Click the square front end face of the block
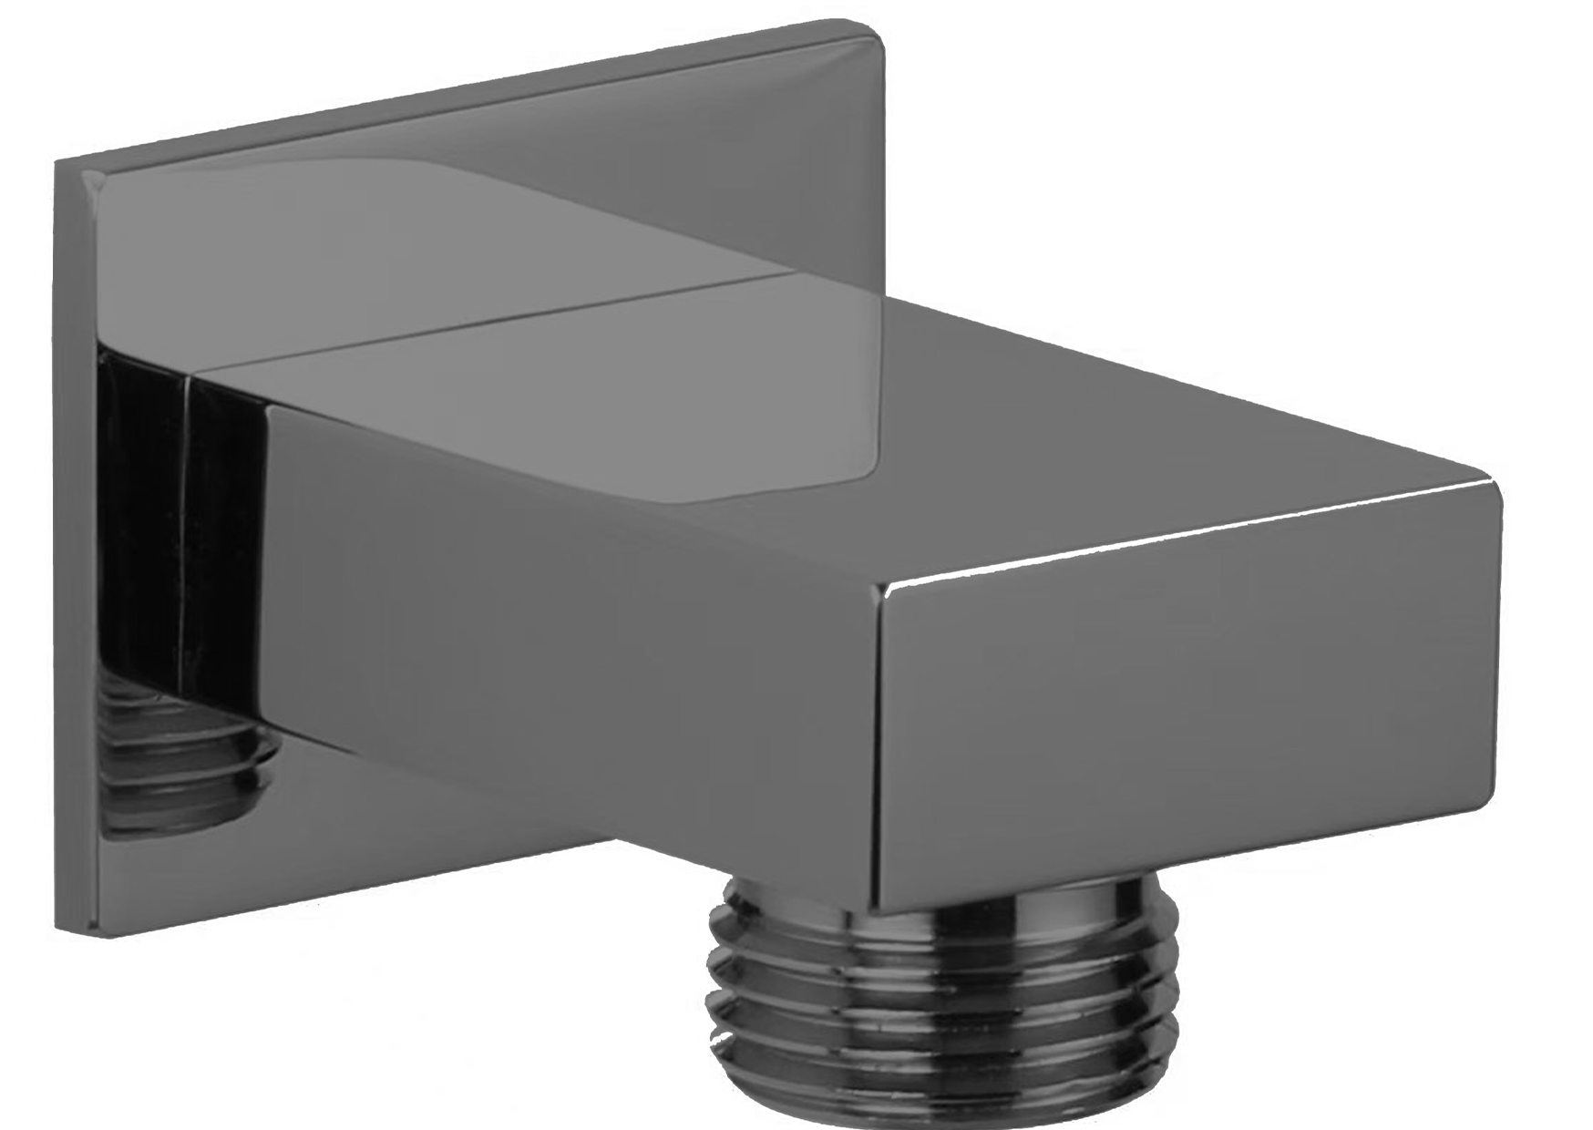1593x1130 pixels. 1185,711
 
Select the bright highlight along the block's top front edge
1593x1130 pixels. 1185,538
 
